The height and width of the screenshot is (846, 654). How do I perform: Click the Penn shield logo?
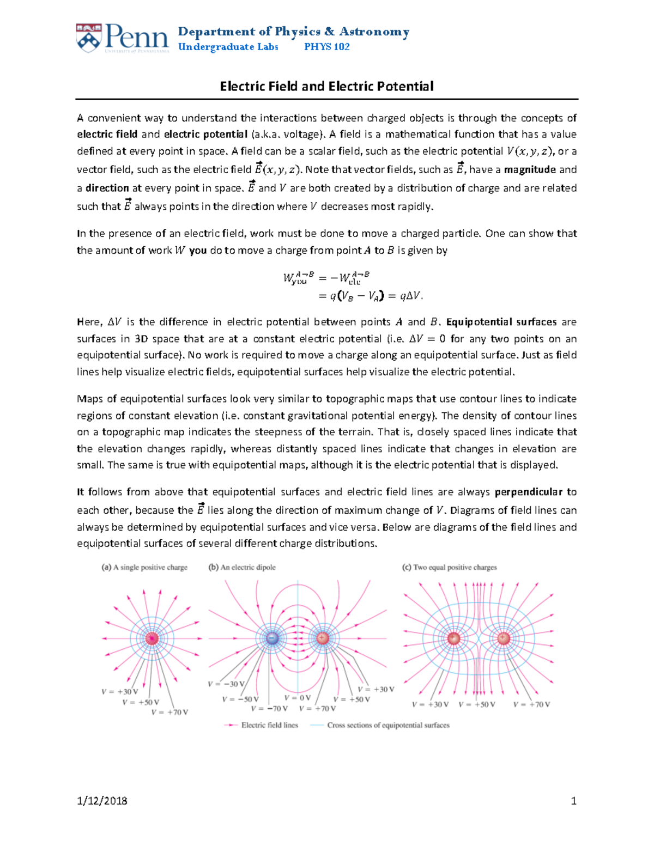[x=89, y=38]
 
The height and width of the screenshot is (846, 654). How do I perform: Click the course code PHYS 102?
[x=326, y=47]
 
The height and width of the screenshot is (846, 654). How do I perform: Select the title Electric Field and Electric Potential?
[x=326, y=87]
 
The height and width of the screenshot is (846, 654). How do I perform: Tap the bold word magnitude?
[x=530, y=170]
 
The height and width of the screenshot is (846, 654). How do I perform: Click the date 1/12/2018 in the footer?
[x=102, y=801]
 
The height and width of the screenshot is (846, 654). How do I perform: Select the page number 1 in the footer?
[x=573, y=801]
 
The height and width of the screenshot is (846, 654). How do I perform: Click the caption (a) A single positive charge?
[x=144, y=568]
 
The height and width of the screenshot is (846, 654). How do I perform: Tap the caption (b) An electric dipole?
[x=242, y=568]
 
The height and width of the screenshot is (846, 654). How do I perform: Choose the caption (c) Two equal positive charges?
[x=450, y=568]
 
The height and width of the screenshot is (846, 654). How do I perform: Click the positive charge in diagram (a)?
[x=152, y=638]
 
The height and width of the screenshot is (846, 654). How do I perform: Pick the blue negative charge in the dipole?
[x=272, y=638]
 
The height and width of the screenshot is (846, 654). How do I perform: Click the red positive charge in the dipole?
[x=323, y=638]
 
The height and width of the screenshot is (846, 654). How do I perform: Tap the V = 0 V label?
[x=298, y=698]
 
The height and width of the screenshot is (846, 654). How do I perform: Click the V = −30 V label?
[x=226, y=684]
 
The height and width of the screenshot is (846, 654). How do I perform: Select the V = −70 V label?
[x=269, y=709]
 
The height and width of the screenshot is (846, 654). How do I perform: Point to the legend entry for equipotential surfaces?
[x=388, y=725]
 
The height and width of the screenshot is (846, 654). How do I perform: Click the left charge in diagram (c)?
[x=453, y=638]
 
